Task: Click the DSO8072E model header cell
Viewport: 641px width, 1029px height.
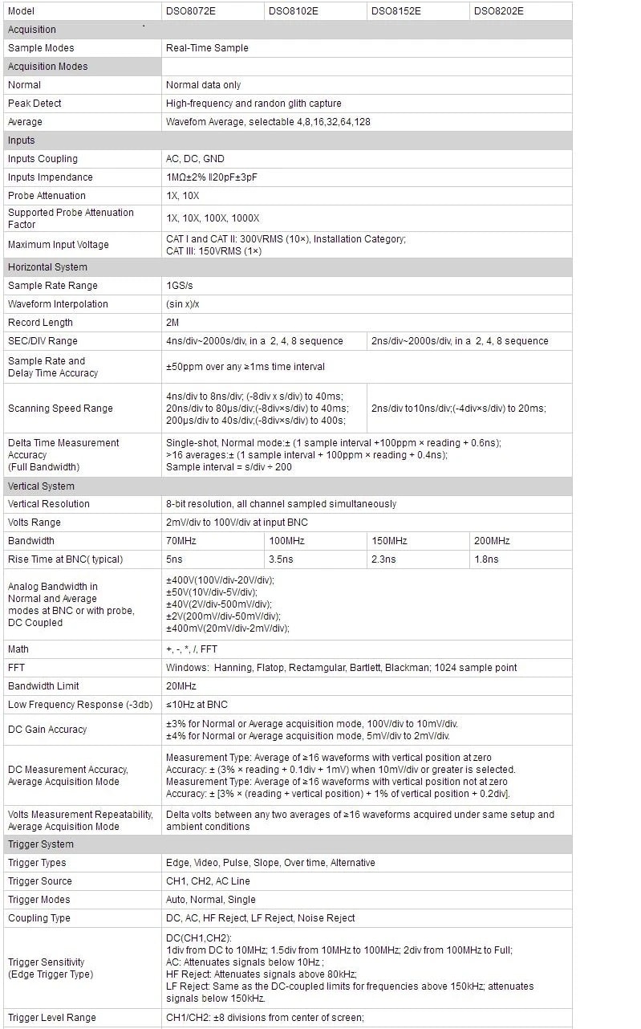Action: (x=190, y=11)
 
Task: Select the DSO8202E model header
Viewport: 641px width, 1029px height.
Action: (x=498, y=11)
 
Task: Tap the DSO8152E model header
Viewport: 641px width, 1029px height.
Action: (x=396, y=11)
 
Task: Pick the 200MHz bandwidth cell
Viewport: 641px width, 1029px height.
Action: (x=492, y=541)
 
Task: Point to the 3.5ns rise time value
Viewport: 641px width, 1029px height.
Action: (x=280, y=559)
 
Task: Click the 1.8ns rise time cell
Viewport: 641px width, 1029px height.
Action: (x=486, y=559)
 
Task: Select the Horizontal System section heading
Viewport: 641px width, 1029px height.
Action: (x=47, y=267)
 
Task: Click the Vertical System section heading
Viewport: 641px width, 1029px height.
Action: (x=41, y=486)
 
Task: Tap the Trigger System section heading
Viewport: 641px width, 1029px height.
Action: (x=40, y=844)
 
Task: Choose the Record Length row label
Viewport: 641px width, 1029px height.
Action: (x=40, y=323)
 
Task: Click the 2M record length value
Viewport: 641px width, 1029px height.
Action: (x=172, y=323)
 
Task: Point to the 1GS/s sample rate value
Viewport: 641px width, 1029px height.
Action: (x=180, y=286)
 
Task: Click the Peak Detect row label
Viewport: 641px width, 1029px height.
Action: (x=34, y=104)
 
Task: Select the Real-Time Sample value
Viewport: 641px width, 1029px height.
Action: (x=207, y=48)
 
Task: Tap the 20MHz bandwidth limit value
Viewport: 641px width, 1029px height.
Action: (x=182, y=686)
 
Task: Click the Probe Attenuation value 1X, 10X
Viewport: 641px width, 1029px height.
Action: (x=183, y=196)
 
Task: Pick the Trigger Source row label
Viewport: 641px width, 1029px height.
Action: (x=39, y=881)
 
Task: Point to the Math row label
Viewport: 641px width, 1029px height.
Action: (x=18, y=649)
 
